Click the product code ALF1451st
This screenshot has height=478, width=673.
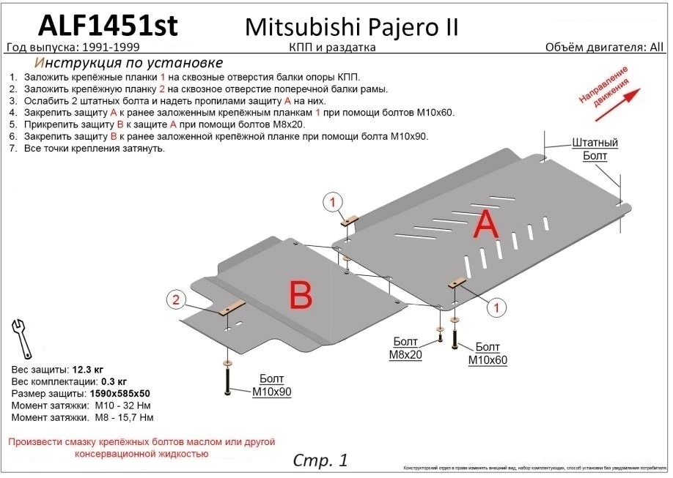(106, 24)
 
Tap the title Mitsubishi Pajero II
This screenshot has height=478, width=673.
(350, 26)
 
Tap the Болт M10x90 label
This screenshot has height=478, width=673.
(272, 386)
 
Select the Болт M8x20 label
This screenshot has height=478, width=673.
(405, 348)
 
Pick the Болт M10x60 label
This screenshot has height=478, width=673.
(488, 353)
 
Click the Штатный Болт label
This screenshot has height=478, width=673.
(595, 149)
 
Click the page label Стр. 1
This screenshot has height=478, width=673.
(320, 460)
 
